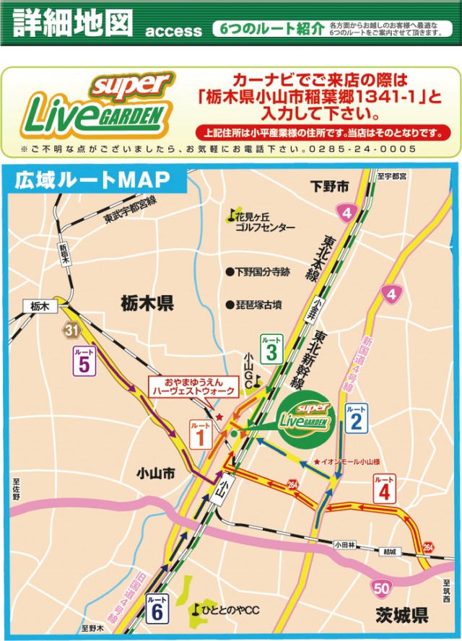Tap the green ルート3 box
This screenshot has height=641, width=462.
(271, 349)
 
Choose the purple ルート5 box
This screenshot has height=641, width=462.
(83, 360)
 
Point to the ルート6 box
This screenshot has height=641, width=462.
(156, 609)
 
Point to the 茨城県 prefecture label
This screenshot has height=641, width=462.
(401, 616)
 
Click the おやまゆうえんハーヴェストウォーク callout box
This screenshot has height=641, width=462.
(192, 386)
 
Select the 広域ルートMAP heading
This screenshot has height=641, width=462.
(92, 179)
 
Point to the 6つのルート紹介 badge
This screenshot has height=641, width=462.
(269, 29)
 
